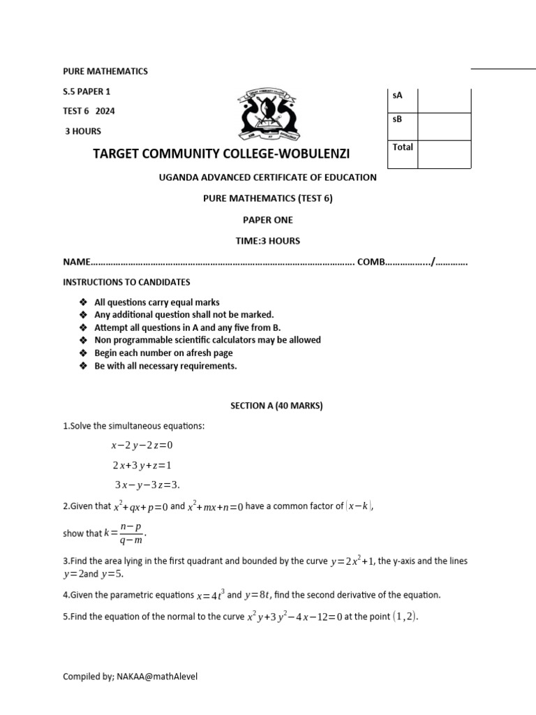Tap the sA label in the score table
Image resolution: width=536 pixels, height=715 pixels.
click(398, 94)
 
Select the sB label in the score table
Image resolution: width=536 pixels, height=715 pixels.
click(398, 119)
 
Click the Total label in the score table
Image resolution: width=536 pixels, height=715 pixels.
click(403, 147)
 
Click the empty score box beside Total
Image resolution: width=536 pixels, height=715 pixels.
click(444, 154)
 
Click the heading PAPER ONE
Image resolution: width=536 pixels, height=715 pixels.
click(268, 219)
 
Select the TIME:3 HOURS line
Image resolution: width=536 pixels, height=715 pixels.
click(268, 241)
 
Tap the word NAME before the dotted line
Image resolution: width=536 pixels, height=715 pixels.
click(77, 262)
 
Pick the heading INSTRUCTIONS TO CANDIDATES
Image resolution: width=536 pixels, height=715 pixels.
click(126, 282)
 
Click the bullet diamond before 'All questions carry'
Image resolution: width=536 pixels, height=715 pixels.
click(83, 302)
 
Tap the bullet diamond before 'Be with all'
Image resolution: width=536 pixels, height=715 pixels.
click(83, 366)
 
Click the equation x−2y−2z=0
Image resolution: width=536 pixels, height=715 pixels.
click(141, 445)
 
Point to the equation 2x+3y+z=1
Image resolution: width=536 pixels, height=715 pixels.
click(142, 465)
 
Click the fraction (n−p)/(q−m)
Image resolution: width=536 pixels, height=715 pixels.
click(131, 533)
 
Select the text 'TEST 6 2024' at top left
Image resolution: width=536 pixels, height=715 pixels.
click(88, 110)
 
